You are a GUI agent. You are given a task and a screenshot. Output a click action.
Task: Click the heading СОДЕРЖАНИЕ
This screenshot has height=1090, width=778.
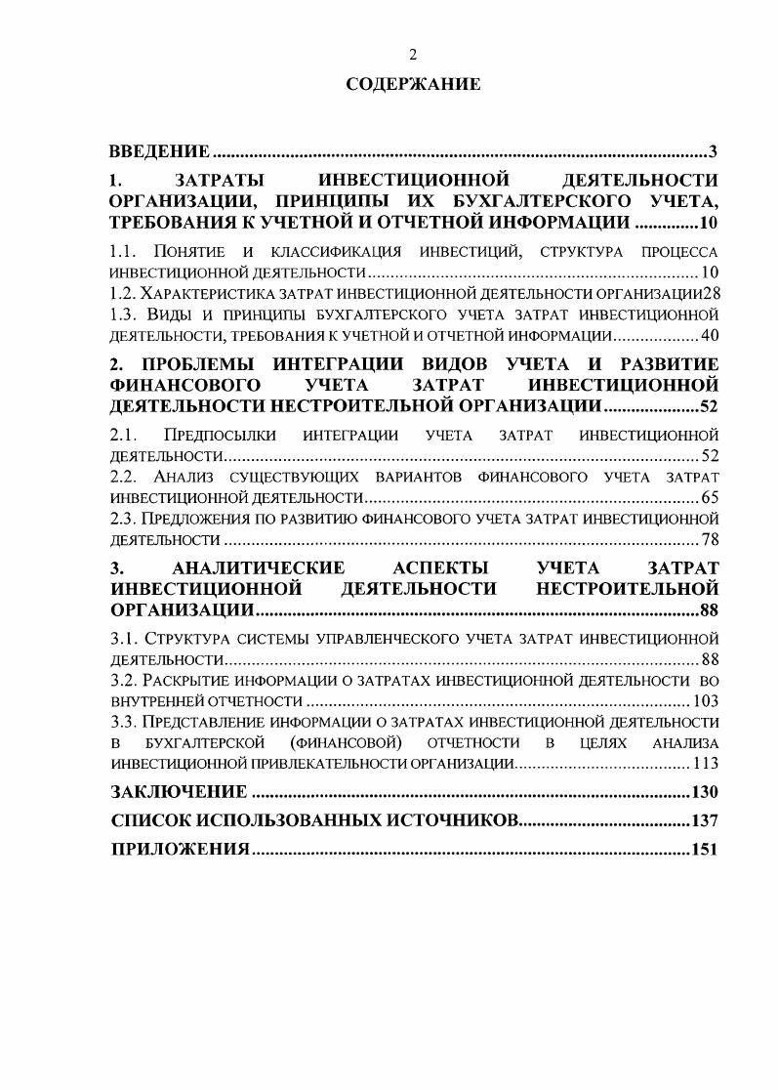point(413,85)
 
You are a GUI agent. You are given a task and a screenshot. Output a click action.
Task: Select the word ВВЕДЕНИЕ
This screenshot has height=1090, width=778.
point(159,151)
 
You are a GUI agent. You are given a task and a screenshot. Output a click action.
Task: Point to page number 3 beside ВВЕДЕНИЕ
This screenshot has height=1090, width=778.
point(714,151)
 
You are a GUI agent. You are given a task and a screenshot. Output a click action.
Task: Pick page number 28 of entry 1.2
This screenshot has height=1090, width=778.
point(710,293)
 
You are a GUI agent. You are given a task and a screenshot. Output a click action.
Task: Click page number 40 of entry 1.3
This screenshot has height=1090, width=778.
point(710,336)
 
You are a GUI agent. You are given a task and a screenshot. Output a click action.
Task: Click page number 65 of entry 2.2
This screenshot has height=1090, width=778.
point(710,497)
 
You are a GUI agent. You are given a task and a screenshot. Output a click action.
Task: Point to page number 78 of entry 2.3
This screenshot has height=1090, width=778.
point(710,539)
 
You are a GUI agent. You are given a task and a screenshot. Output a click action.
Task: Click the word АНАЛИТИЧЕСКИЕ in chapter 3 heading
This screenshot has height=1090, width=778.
point(258,568)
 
